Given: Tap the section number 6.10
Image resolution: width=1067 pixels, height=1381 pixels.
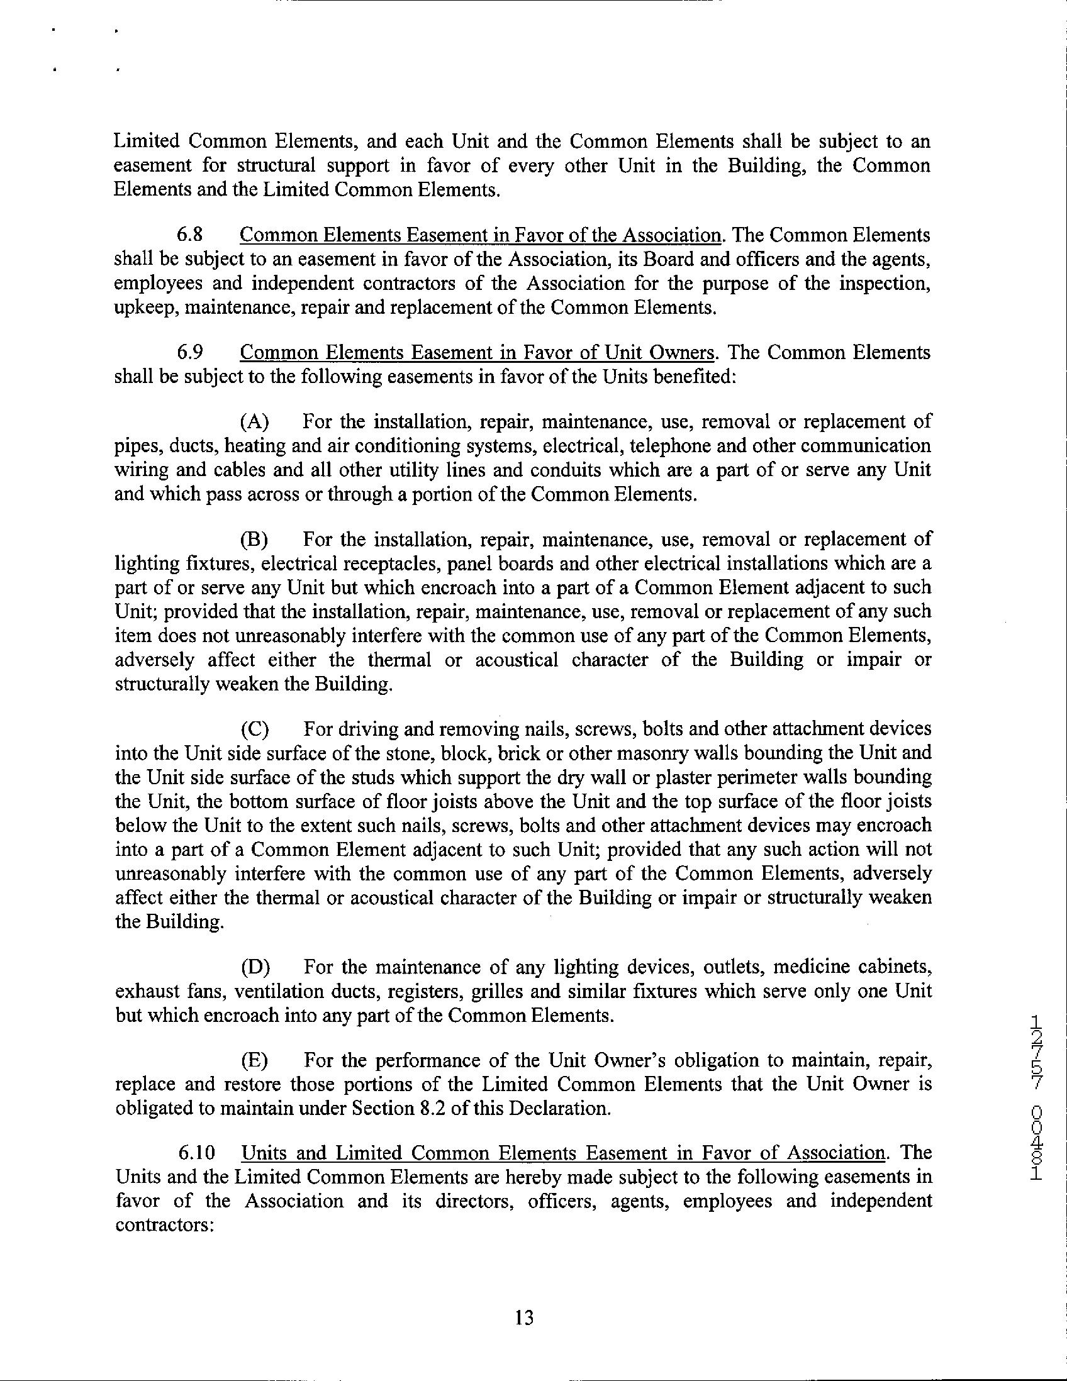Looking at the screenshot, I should pyautogui.click(x=194, y=1152).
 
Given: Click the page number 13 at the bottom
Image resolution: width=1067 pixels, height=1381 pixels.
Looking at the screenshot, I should pyautogui.click(x=524, y=1317).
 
